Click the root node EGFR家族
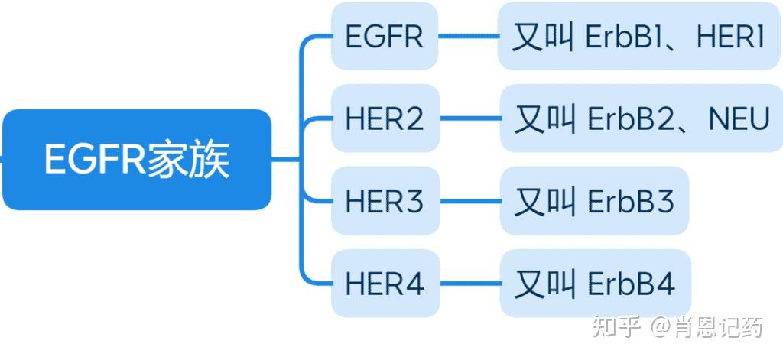click(x=136, y=160)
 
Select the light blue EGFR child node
click(x=384, y=37)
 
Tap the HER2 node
click(x=384, y=118)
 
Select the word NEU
click(x=739, y=118)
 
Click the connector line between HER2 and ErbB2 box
click(x=469, y=118)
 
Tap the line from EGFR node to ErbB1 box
click(x=467, y=37)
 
